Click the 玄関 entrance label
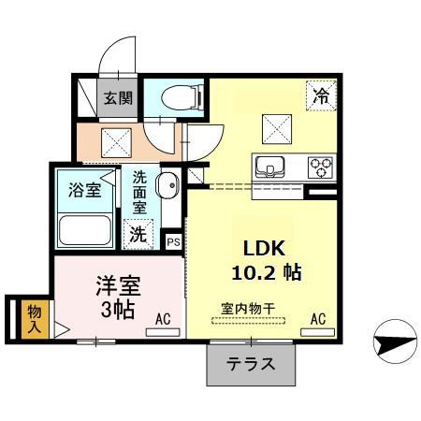118,97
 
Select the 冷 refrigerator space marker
321,94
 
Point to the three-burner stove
321,168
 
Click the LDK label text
264,250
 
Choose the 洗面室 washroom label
139,190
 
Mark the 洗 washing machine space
138,235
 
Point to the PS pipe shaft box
173,241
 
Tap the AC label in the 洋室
164,319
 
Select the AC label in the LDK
317,319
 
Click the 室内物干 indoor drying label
246,307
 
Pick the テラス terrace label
252,364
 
